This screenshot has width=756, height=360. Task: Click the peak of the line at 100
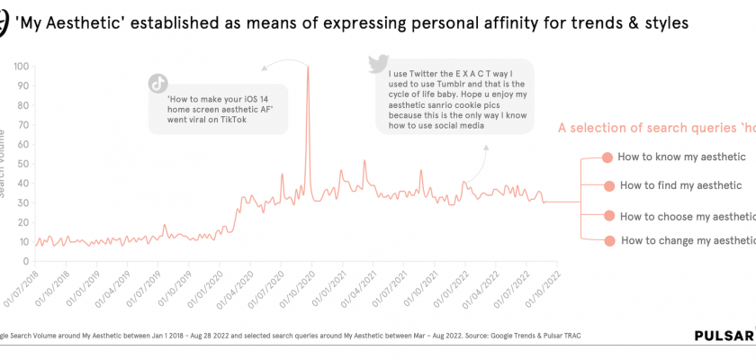tap(309, 67)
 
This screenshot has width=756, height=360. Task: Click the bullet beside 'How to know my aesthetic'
tap(607, 157)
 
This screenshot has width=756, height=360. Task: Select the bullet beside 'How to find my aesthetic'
tap(608, 186)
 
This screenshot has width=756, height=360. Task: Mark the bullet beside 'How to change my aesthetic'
tap(609, 240)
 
